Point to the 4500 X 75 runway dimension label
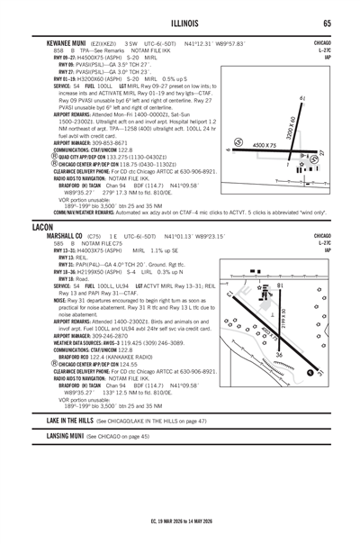(265, 146)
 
